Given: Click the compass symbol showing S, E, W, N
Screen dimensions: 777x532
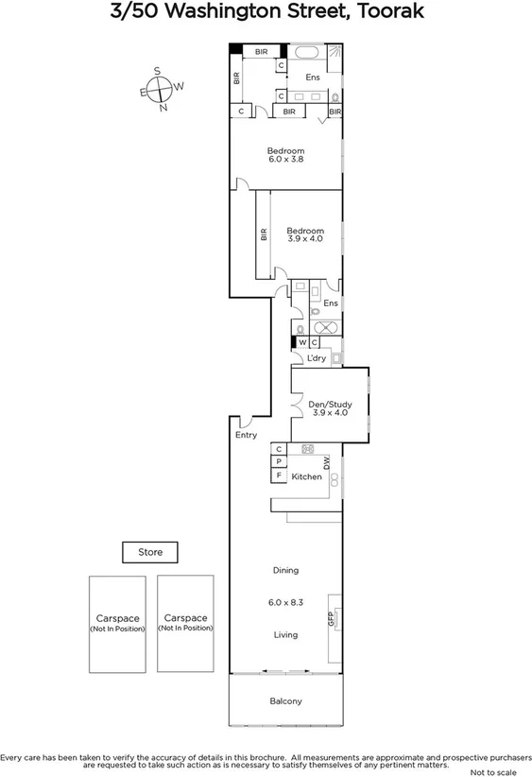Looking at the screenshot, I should point(162,88).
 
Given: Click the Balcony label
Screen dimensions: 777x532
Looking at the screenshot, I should point(285,700).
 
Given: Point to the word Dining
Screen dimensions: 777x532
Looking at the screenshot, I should point(285,570).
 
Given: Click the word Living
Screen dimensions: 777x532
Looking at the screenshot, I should point(285,634).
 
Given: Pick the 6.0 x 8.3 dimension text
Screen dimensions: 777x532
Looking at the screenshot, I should point(285,602).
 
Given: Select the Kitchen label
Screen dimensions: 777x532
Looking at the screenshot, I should point(306,476).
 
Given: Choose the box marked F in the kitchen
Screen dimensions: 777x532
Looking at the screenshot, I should point(279,476).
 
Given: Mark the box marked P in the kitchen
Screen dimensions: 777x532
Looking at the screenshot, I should point(279,462).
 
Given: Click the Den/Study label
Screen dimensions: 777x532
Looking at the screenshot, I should point(331,404).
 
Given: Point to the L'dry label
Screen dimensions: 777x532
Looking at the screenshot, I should point(317,359).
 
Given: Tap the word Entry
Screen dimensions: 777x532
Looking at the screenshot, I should point(246,435).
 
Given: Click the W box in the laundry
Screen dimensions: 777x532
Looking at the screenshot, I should point(301,343).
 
